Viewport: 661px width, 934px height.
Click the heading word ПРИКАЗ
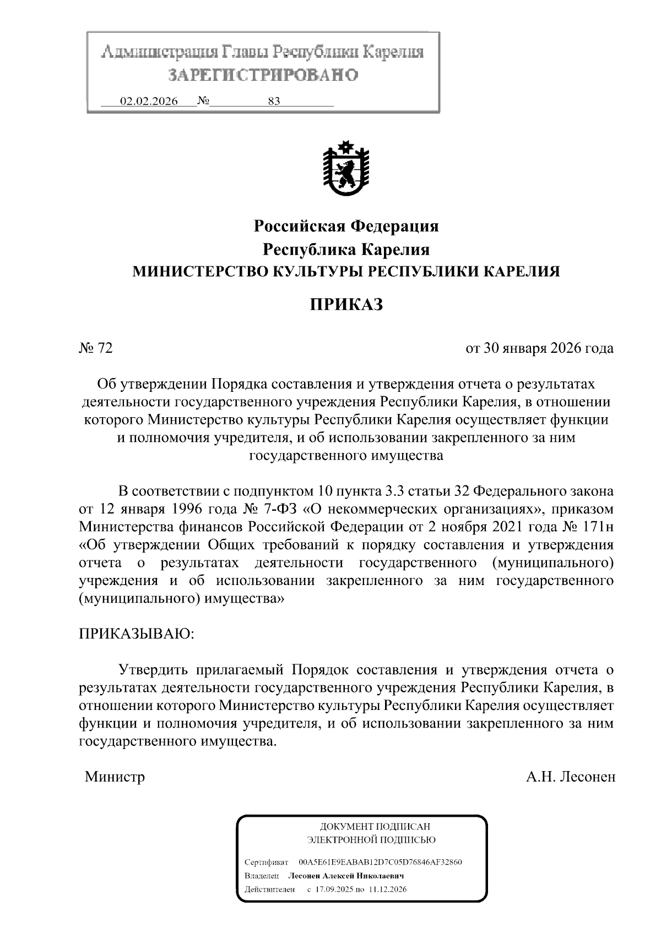(345, 304)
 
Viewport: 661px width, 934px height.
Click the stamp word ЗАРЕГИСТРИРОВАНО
(263, 75)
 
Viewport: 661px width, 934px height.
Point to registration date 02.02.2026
(149, 101)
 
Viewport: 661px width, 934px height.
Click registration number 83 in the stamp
(273, 101)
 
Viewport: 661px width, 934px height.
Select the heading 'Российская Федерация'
(345, 226)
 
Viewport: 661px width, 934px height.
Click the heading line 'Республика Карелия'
(345, 249)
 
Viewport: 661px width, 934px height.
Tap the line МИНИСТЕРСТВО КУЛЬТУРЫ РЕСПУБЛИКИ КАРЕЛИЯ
(345, 271)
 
